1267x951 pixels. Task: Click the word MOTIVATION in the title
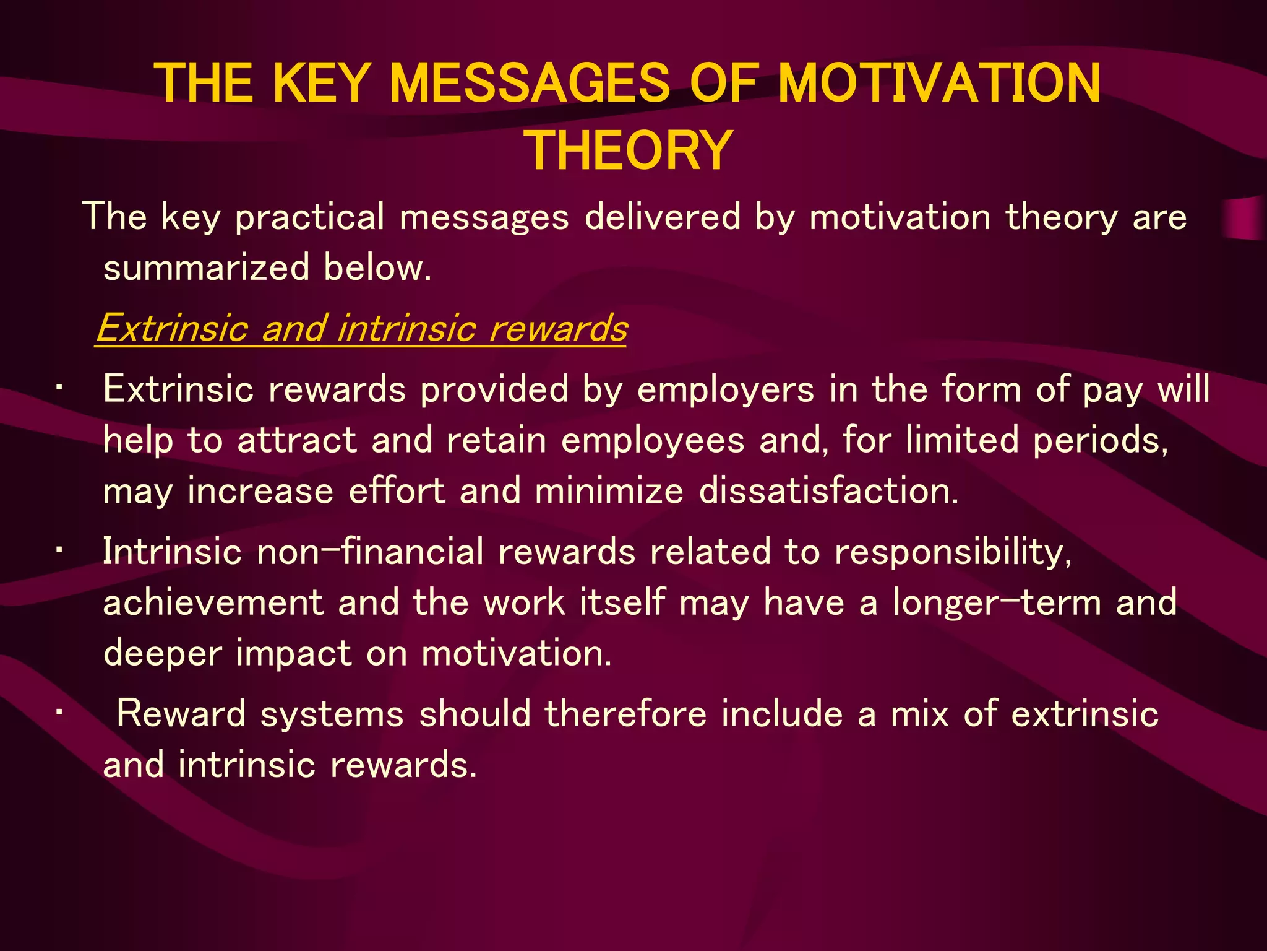pyautogui.click(x=938, y=84)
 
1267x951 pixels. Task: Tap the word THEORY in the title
pyautogui.click(x=630, y=150)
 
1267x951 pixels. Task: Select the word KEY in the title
pyautogui.click(x=321, y=84)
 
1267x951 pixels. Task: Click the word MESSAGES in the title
pyautogui.click(x=530, y=84)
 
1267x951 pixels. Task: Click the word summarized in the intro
pyautogui.click(x=206, y=267)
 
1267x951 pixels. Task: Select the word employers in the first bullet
pyautogui.click(x=726, y=390)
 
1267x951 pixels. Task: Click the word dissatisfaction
pyautogui.click(x=828, y=491)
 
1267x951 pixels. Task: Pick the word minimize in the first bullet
pyautogui.click(x=609, y=491)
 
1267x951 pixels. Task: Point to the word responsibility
pyautogui.click(x=953, y=552)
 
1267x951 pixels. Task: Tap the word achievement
pyautogui.click(x=213, y=602)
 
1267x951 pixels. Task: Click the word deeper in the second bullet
pyautogui.click(x=162, y=654)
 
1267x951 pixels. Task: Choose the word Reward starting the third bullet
pyautogui.click(x=181, y=713)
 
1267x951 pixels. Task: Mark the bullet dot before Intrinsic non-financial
pyautogui.click(x=59, y=550)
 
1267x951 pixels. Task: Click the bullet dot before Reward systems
pyautogui.click(x=59, y=713)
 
